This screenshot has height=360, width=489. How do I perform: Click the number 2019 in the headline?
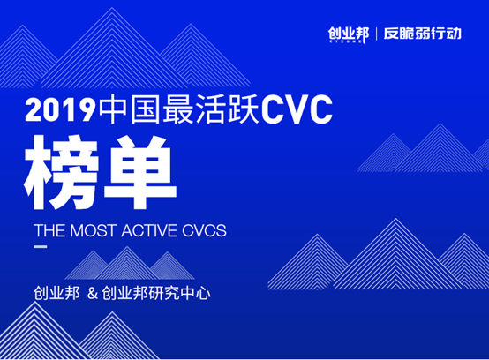coord(60,109)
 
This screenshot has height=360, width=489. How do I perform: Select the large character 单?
coord(140,172)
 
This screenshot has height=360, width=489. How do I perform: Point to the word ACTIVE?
coord(150,230)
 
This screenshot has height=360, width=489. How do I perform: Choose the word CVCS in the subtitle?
coord(204,230)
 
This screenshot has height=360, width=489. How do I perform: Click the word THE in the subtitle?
coord(50,230)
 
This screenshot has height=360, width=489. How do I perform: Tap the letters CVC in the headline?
coord(297,109)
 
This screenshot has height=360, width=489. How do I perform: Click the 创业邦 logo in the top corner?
coord(349,34)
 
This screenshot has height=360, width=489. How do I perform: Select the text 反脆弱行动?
coord(423,34)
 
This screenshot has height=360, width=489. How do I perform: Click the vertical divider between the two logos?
coord(376,34)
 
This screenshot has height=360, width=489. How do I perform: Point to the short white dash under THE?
coord(41,247)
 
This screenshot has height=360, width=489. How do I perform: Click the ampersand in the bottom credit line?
coord(93,294)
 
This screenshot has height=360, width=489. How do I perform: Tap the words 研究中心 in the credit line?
coord(180,294)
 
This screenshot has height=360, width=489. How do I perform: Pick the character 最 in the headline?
coord(177,109)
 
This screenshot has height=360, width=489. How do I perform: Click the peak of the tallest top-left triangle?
coord(112,7)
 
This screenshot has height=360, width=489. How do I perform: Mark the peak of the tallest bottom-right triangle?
coord(396,219)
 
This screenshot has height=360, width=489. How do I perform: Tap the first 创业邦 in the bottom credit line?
coord(56,294)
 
